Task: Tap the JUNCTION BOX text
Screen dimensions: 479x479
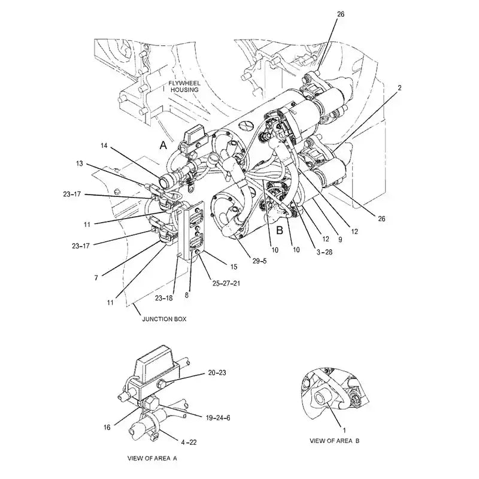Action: tap(163, 319)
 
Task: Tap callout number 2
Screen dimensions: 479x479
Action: tap(399, 88)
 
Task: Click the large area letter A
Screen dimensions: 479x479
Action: tap(162, 145)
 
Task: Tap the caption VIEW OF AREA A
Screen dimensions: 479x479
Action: tap(152, 458)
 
